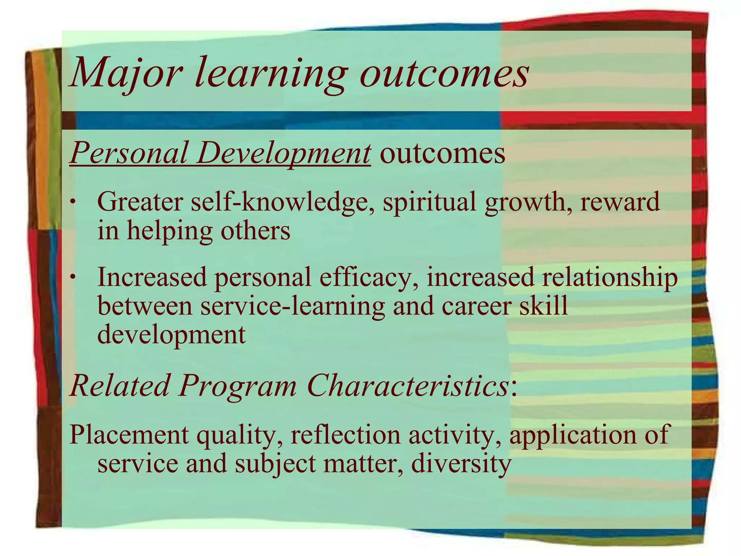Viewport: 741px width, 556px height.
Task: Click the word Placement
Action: tap(129, 434)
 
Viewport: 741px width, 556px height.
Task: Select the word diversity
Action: tap(461, 463)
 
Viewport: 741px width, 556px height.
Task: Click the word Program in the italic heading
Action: tap(237, 386)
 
